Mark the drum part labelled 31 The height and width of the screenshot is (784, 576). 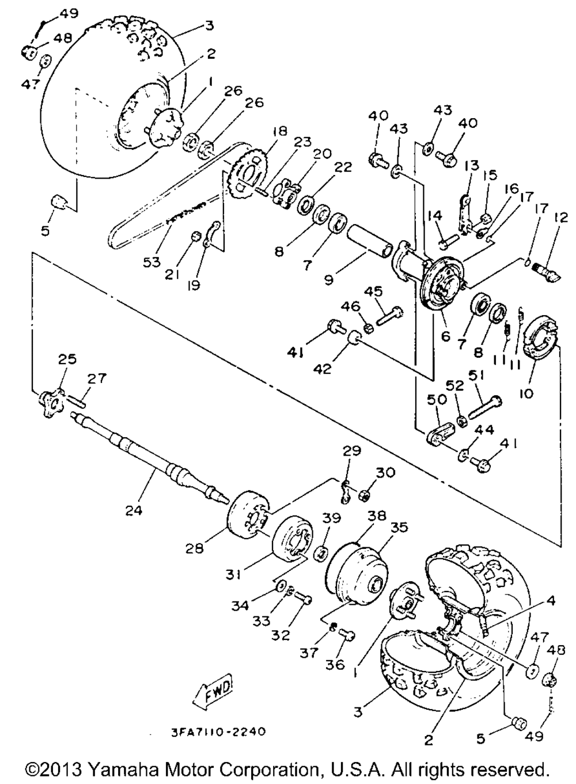pos(294,536)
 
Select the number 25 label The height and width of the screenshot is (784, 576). pos(67,359)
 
